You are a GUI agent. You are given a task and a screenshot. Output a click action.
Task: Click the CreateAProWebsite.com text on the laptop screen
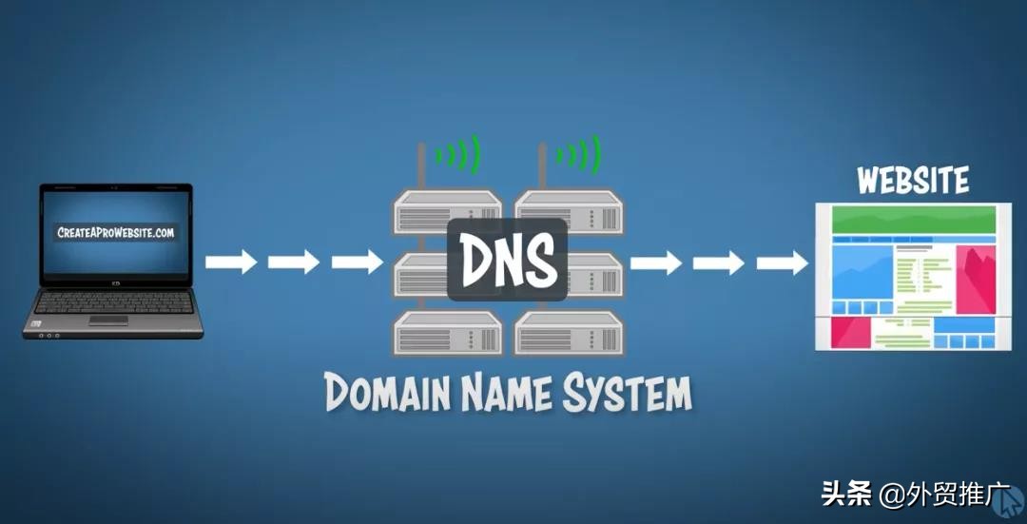click(116, 233)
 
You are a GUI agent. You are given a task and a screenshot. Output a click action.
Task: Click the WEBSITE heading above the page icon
click(912, 181)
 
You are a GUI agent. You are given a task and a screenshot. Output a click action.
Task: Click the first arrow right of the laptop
click(232, 262)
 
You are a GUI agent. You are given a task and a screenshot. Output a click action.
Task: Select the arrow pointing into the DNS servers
click(358, 262)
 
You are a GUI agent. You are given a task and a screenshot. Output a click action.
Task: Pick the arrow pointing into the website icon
click(783, 262)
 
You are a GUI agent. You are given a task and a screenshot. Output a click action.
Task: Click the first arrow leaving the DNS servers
click(656, 262)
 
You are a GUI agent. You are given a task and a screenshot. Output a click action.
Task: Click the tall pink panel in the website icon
click(976, 280)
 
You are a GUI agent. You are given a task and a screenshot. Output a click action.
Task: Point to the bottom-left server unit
click(448, 333)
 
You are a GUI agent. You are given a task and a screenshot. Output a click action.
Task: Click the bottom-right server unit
click(568, 333)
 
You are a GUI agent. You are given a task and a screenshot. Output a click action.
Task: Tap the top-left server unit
click(448, 212)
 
